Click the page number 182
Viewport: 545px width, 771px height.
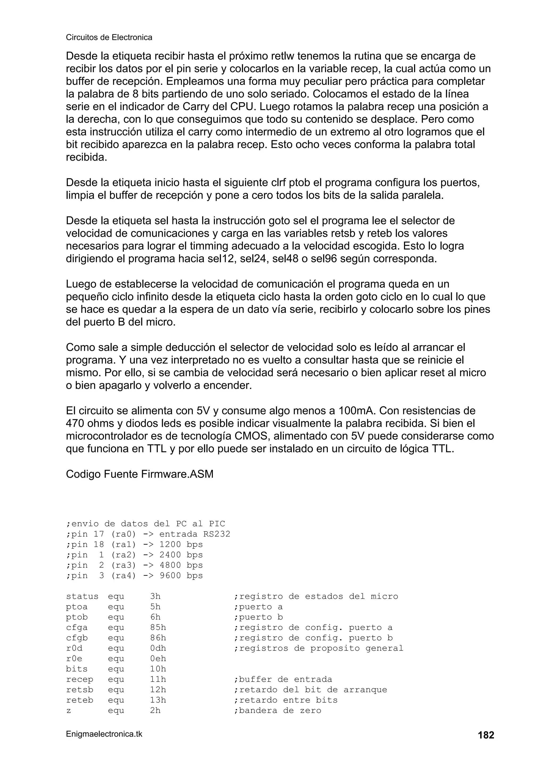tap(486, 735)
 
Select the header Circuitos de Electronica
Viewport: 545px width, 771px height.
tap(109, 37)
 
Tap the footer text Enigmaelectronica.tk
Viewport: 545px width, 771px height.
tap(104, 734)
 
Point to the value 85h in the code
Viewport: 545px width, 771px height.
tap(158, 628)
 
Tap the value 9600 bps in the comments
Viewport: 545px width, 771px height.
tap(181, 576)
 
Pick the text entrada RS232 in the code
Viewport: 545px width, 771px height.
tap(195, 534)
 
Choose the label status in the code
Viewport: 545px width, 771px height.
tap(82, 596)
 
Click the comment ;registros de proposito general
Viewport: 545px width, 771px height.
tap(318, 648)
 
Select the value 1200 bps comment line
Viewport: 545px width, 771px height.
tap(181, 544)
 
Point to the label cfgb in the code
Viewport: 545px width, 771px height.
tap(77, 638)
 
